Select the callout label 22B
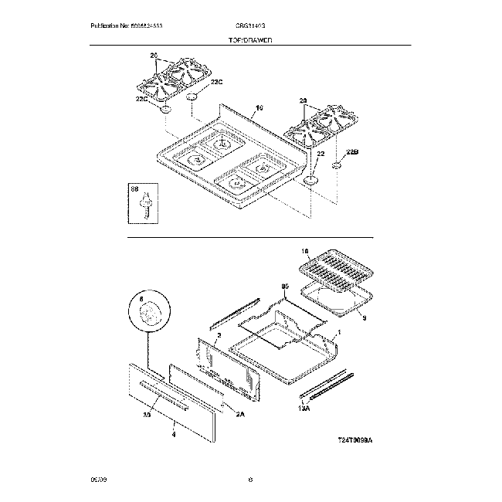pyautogui.click(x=352, y=152)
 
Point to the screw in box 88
pyautogui.click(x=144, y=205)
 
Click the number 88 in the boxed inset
pyautogui.click(x=134, y=188)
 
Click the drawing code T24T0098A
pyautogui.click(x=354, y=439)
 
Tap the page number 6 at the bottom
pyautogui.click(x=251, y=480)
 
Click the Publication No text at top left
pyautogui.click(x=127, y=26)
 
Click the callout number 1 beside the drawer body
pyautogui.click(x=340, y=336)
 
